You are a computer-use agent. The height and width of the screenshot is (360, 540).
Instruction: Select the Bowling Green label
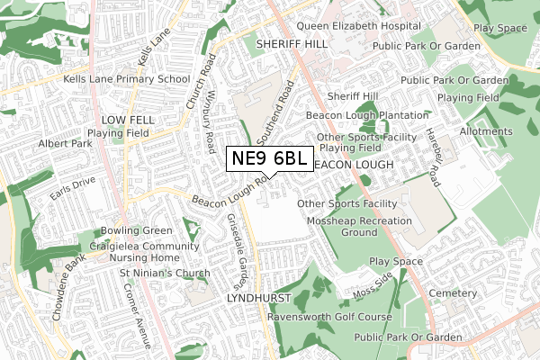point(135,230)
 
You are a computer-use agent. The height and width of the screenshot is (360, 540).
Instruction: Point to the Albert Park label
point(65,144)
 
